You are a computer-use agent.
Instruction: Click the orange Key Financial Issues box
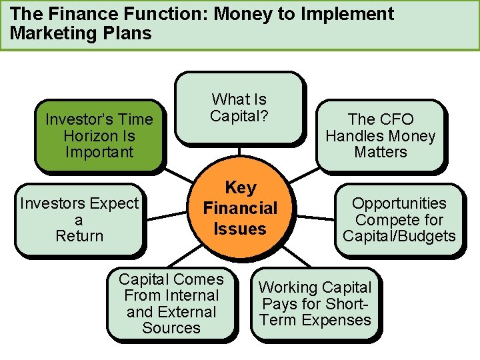click(240, 208)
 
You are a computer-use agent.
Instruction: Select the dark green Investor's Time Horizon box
click(99, 136)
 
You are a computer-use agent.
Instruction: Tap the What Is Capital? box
click(239, 108)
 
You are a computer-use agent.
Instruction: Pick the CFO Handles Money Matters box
click(380, 136)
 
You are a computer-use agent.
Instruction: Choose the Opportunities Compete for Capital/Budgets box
click(399, 220)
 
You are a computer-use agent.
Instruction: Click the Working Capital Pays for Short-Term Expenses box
click(315, 304)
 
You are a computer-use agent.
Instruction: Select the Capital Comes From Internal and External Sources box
click(171, 303)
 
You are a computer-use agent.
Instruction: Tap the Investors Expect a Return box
click(79, 220)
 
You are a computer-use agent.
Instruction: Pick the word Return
click(79, 236)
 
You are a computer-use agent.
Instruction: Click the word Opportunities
click(399, 203)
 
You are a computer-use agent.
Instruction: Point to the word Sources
click(171, 328)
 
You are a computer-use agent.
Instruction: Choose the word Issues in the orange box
click(240, 229)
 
